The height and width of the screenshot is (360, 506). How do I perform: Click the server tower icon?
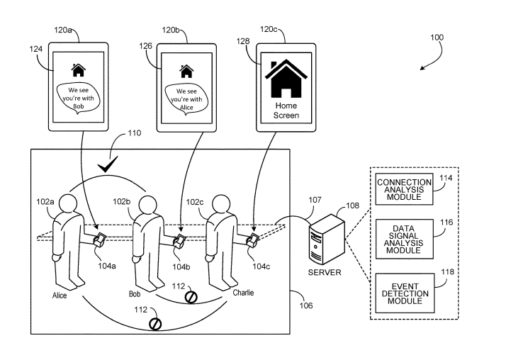click(323, 233)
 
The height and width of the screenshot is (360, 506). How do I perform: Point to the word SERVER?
click(325, 272)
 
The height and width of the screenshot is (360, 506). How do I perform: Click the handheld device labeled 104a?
click(100, 239)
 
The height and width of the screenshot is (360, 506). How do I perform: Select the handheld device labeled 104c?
click(251, 239)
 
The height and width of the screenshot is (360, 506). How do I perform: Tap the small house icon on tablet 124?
click(78, 70)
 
